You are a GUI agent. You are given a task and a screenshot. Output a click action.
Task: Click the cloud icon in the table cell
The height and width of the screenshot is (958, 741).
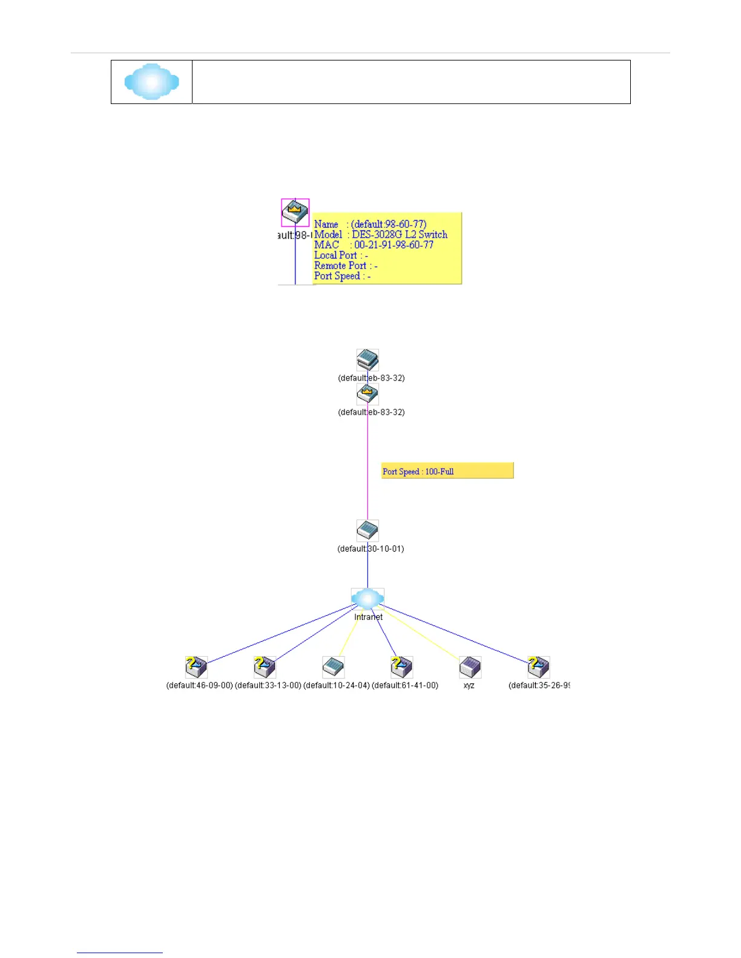[151, 82]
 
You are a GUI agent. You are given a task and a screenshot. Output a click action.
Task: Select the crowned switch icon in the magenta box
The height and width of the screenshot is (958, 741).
[295, 212]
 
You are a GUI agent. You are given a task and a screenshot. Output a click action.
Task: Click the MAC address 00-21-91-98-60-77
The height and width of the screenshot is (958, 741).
[394, 245]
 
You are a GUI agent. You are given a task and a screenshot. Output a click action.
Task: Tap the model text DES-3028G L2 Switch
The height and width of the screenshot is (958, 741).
[400, 235]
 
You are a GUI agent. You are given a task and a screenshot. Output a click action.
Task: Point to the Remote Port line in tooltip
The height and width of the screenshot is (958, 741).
[346, 266]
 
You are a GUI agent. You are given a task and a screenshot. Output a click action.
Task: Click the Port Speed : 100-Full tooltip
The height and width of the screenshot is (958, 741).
[447, 471]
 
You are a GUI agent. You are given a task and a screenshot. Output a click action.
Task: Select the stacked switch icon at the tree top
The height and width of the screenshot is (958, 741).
[367, 360]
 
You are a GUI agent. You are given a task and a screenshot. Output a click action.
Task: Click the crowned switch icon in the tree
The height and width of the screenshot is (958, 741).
[367, 394]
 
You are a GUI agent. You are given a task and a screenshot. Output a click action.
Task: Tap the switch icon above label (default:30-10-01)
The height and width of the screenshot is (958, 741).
[367, 530]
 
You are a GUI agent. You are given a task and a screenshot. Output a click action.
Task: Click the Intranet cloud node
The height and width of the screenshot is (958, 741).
[367, 599]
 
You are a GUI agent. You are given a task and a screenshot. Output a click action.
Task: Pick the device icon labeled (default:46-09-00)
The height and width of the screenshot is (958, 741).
[196, 667]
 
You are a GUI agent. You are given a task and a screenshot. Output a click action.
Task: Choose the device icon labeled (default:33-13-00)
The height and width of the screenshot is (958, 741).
[265, 667]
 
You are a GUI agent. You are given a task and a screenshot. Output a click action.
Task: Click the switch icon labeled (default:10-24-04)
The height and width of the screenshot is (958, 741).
[333, 667]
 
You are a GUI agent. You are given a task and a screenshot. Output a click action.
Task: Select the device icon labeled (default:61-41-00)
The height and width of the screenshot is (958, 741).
[401, 667]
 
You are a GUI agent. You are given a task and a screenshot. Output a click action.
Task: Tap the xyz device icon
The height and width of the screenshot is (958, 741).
[470, 667]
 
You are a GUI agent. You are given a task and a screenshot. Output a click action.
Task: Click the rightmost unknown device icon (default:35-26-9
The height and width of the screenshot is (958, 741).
[538, 667]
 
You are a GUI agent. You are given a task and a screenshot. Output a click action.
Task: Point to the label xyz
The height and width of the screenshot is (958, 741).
[469, 686]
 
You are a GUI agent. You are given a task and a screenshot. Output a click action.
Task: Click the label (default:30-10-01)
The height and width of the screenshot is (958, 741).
[370, 549]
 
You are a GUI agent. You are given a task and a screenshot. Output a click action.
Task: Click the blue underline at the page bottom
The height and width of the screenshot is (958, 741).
[119, 953]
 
